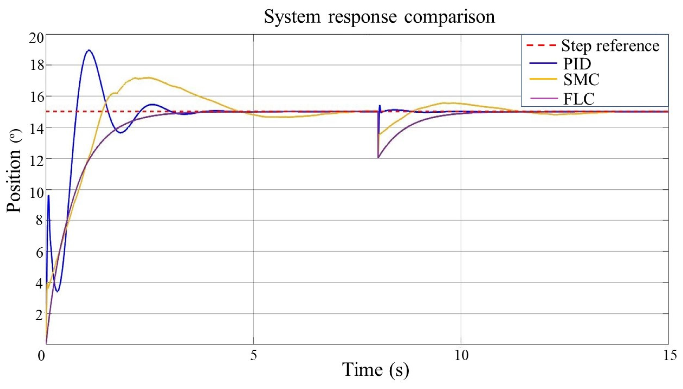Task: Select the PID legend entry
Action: (x=577, y=64)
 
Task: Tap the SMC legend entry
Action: (x=581, y=80)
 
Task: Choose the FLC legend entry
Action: (x=579, y=99)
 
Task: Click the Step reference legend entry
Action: (x=610, y=46)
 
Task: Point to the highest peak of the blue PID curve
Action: (x=89, y=50)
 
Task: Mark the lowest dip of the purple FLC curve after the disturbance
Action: (x=378, y=158)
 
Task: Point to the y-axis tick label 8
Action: (x=39, y=220)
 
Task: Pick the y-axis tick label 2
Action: (x=39, y=314)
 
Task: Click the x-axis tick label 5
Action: (x=253, y=355)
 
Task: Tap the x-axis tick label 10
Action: (x=461, y=355)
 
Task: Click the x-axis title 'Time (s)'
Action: (x=375, y=369)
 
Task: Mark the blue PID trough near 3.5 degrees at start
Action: (x=57, y=291)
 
